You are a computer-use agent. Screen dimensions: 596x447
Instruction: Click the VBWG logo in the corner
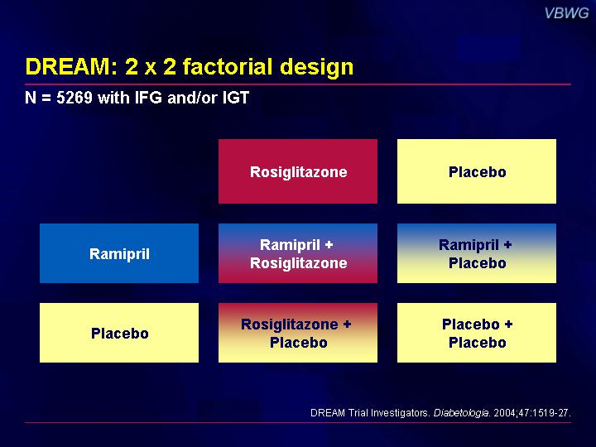566,13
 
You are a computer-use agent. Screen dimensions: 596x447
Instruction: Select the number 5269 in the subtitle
74,98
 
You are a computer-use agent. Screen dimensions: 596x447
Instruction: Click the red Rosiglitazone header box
298,171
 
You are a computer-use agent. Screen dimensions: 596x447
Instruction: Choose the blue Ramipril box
119,253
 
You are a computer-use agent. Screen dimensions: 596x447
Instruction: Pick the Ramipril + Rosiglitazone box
298,253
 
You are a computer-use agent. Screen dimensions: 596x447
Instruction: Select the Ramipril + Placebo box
477,253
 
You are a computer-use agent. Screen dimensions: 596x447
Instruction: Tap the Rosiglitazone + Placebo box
298,333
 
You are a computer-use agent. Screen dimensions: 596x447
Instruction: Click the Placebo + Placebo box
477,333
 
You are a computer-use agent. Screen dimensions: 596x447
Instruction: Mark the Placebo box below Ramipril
119,333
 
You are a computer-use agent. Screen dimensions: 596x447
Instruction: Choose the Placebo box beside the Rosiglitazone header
477,171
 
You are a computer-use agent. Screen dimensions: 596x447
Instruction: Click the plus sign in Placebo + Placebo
508,324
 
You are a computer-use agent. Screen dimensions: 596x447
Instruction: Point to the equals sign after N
46,98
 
